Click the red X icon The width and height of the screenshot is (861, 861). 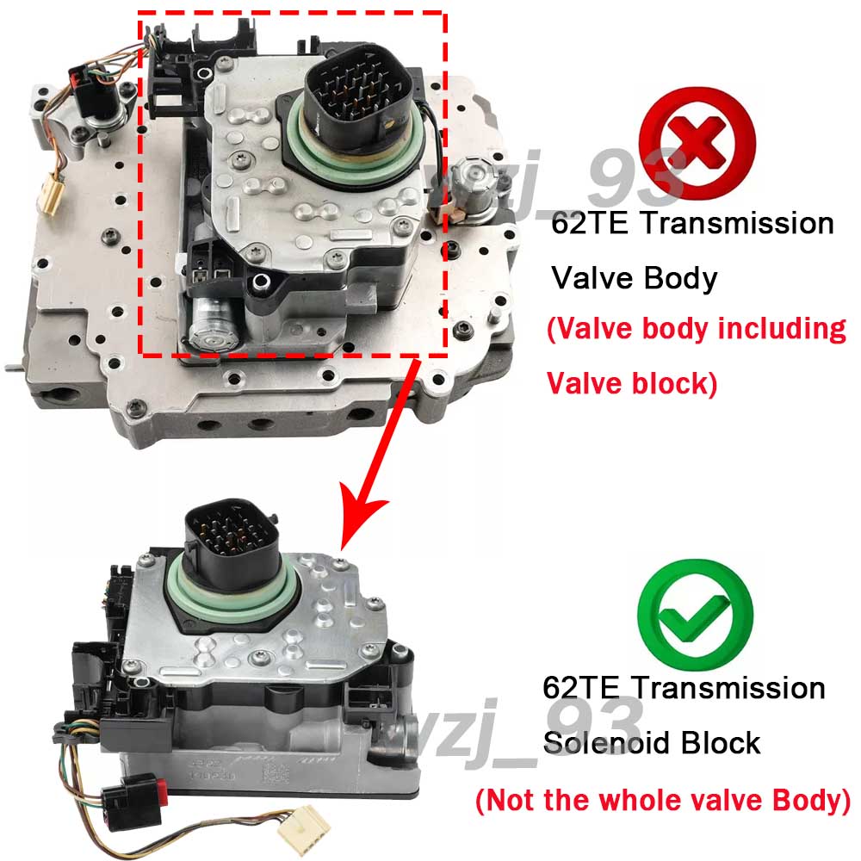[697, 145]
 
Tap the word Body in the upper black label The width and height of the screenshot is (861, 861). [681, 279]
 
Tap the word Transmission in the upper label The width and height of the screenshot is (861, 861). [737, 224]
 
